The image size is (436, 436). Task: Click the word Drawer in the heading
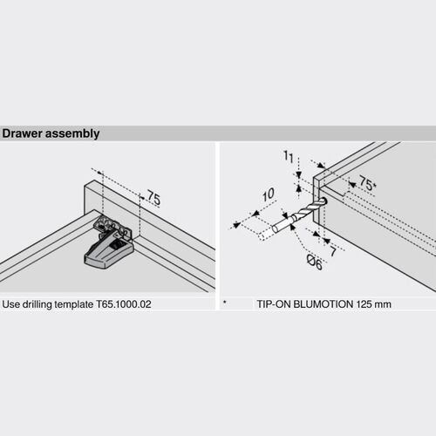click(23, 134)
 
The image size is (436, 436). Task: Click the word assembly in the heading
click(72, 134)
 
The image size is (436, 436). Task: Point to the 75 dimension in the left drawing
click(153, 200)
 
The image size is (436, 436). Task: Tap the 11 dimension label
click(287, 157)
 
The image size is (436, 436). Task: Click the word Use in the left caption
click(11, 305)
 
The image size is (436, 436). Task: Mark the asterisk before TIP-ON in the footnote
click(225, 304)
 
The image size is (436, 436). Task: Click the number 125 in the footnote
click(383, 305)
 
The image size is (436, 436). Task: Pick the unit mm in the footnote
click(405, 305)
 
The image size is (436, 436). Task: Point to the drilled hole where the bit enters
click(324, 202)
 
